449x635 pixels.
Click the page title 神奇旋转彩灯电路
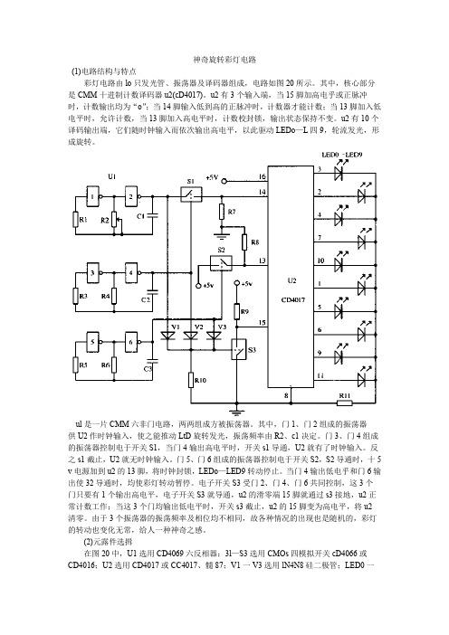pos(224,60)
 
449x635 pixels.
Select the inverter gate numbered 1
pos(93,196)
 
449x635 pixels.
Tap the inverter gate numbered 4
pos(131,272)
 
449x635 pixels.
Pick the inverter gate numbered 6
pos(131,342)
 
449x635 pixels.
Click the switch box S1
pos(191,194)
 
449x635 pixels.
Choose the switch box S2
pos(221,263)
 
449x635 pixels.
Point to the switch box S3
pos(238,349)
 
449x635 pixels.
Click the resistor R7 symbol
pos(222,212)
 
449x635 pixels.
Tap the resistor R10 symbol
pos(191,380)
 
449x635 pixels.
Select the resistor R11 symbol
pos(345,403)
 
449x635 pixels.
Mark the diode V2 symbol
pos(190,336)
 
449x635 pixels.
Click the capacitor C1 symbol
pos(152,215)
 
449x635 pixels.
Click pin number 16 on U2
pos(263,176)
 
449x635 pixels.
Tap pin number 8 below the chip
pos(286,395)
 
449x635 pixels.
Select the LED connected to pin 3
pos(339,171)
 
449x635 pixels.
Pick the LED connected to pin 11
pos(362,377)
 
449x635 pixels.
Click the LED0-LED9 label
pos(342,155)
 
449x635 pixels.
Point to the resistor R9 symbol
pos(237,311)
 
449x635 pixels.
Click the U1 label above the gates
pos(112,176)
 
